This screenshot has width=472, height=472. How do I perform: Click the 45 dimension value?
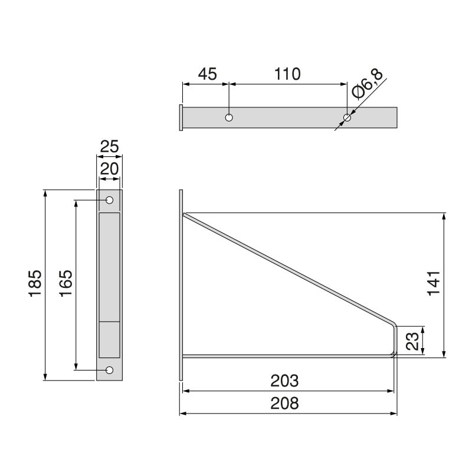tap(207, 74)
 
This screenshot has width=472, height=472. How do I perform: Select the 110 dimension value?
tap(287, 74)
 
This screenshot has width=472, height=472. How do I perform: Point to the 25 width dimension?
tap(109, 146)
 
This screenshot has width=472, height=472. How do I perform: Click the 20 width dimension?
tap(109, 169)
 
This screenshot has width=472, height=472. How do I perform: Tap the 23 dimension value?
tap(412, 342)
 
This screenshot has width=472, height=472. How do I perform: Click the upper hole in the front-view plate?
tap(109, 201)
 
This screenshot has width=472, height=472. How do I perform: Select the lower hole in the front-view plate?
tap(109, 370)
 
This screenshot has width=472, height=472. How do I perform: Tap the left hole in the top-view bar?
tap(229, 117)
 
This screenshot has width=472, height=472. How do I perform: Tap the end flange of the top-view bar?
tap(180, 117)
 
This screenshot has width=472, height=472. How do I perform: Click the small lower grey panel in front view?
tap(109, 339)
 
